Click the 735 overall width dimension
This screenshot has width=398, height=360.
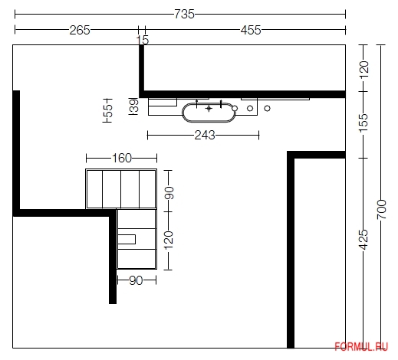click(x=184, y=14)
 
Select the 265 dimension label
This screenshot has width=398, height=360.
click(x=80, y=30)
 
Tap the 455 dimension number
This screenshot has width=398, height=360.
click(x=251, y=30)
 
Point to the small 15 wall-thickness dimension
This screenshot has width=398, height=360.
click(x=143, y=40)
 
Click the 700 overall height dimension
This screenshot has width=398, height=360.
click(x=381, y=209)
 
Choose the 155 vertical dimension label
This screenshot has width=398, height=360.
click(x=363, y=123)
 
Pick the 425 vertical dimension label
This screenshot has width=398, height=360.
click(x=363, y=240)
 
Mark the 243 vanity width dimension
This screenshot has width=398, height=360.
click(x=205, y=135)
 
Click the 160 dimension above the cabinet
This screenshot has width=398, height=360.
click(x=122, y=159)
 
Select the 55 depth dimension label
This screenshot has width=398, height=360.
click(x=108, y=110)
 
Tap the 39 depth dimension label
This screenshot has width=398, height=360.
click(x=134, y=106)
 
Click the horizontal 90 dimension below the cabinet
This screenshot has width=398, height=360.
click(x=136, y=280)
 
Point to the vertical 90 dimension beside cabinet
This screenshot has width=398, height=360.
click(x=169, y=193)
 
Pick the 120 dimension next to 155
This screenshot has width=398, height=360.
click(x=364, y=69)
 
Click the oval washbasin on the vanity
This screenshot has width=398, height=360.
click(x=209, y=113)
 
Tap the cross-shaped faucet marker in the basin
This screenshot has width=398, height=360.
click(x=209, y=109)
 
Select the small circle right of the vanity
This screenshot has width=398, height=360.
click(x=267, y=108)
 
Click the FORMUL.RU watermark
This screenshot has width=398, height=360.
click(x=361, y=347)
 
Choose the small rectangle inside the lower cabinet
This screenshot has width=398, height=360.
click(x=127, y=239)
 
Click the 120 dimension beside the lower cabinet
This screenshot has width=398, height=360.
click(x=169, y=241)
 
